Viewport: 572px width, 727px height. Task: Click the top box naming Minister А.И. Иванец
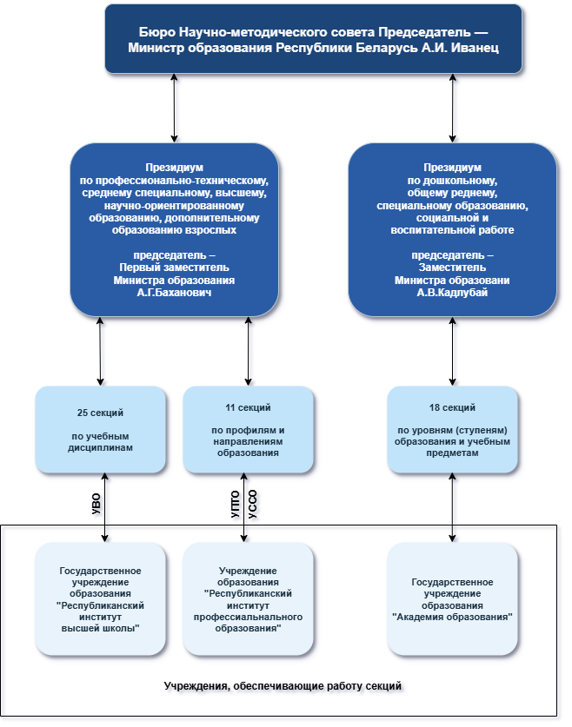click(x=313, y=38)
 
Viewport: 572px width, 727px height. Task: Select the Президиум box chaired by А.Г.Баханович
click(x=174, y=229)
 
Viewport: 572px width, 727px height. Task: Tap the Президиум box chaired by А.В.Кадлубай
click(x=452, y=229)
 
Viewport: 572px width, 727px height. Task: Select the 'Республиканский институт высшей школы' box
click(x=101, y=598)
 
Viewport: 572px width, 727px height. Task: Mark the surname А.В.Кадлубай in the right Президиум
click(x=452, y=294)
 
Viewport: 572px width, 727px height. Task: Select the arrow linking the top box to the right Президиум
click(x=454, y=108)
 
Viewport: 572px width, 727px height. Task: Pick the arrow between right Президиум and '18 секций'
click(x=454, y=351)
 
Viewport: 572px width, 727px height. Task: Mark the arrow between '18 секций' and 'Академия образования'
click(x=454, y=507)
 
